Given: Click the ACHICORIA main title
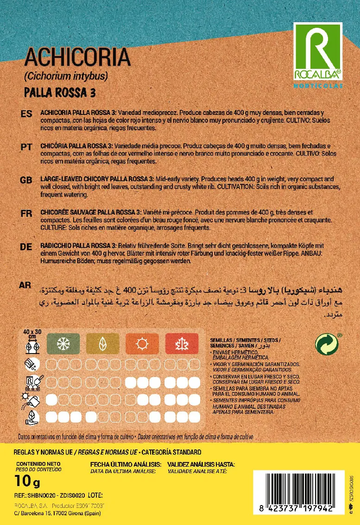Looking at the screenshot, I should [x=77, y=58].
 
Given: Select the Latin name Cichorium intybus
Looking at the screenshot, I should [x=65, y=76].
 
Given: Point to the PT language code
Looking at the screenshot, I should [x=26, y=146].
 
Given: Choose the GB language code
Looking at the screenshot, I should [x=26, y=179].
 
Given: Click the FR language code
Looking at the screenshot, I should [x=26, y=213].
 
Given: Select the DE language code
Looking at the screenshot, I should [x=26, y=247].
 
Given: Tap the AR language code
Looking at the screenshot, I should [x=25, y=285].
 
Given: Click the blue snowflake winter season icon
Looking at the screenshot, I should [x=63, y=343].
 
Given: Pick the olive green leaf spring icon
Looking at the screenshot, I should [x=102, y=343].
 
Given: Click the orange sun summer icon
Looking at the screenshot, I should [x=142, y=343].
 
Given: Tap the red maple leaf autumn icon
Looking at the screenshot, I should [x=181, y=343].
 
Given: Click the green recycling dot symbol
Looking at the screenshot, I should [x=327, y=345].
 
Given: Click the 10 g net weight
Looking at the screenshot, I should [x=27, y=482].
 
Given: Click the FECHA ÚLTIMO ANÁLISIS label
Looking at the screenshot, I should [x=126, y=464].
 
